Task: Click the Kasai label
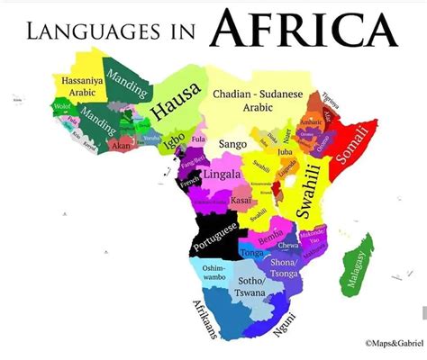click(240, 200)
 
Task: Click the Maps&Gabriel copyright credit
click(392, 343)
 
